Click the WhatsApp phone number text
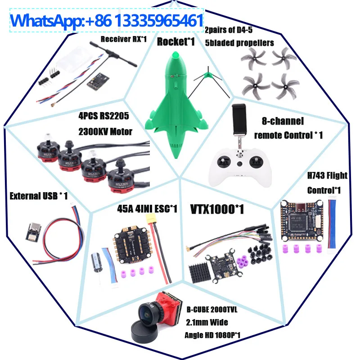click(107, 21)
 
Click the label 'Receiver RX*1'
click(124, 39)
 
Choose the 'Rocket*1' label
click(176, 42)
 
